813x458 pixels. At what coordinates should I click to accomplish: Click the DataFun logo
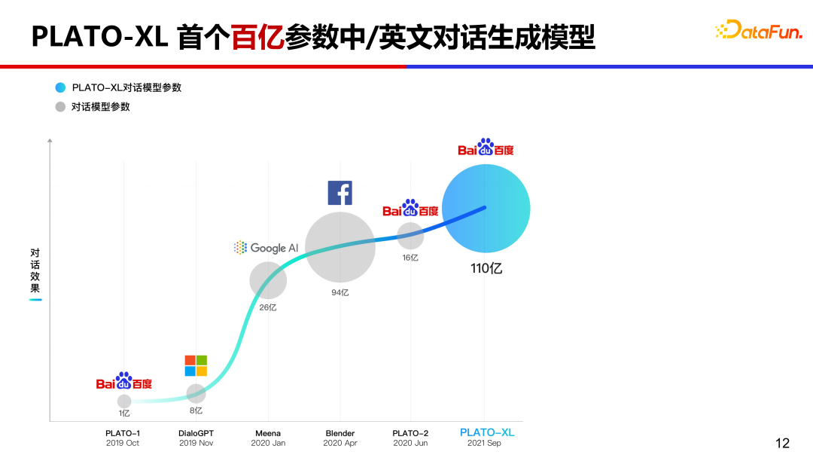pyautogui.click(x=758, y=30)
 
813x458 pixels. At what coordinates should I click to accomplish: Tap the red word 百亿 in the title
pyautogui.click(x=257, y=37)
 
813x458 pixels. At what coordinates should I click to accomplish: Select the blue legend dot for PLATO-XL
pyautogui.click(x=60, y=87)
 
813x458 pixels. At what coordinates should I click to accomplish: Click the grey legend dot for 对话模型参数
pyautogui.click(x=60, y=107)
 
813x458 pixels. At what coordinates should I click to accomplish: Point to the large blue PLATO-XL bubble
pyautogui.click(x=486, y=207)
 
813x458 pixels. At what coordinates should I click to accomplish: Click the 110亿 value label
pyautogui.click(x=486, y=268)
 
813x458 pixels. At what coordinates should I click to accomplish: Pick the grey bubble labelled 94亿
pyautogui.click(x=340, y=247)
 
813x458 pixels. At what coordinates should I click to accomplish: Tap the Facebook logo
pyautogui.click(x=340, y=193)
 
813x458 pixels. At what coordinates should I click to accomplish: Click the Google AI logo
pyautogui.click(x=266, y=248)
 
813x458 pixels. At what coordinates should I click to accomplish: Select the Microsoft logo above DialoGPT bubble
pyautogui.click(x=196, y=366)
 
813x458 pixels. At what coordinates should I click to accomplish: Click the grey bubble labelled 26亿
pyautogui.click(x=268, y=281)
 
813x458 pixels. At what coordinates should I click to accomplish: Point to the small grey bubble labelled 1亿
pyautogui.click(x=124, y=402)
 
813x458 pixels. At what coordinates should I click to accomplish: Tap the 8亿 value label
pyautogui.click(x=196, y=411)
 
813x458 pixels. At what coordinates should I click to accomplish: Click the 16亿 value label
pyautogui.click(x=410, y=258)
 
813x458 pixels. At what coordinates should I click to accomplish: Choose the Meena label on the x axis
pyautogui.click(x=268, y=433)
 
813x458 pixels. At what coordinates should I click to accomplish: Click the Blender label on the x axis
pyautogui.click(x=340, y=433)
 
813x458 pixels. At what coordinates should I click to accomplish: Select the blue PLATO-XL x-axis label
pyautogui.click(x=486, y=432)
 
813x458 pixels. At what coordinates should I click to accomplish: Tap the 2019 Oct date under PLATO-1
pyautogui.click(x=123, y=444)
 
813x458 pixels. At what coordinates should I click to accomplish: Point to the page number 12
pyautogui.click(x=782, y=443)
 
